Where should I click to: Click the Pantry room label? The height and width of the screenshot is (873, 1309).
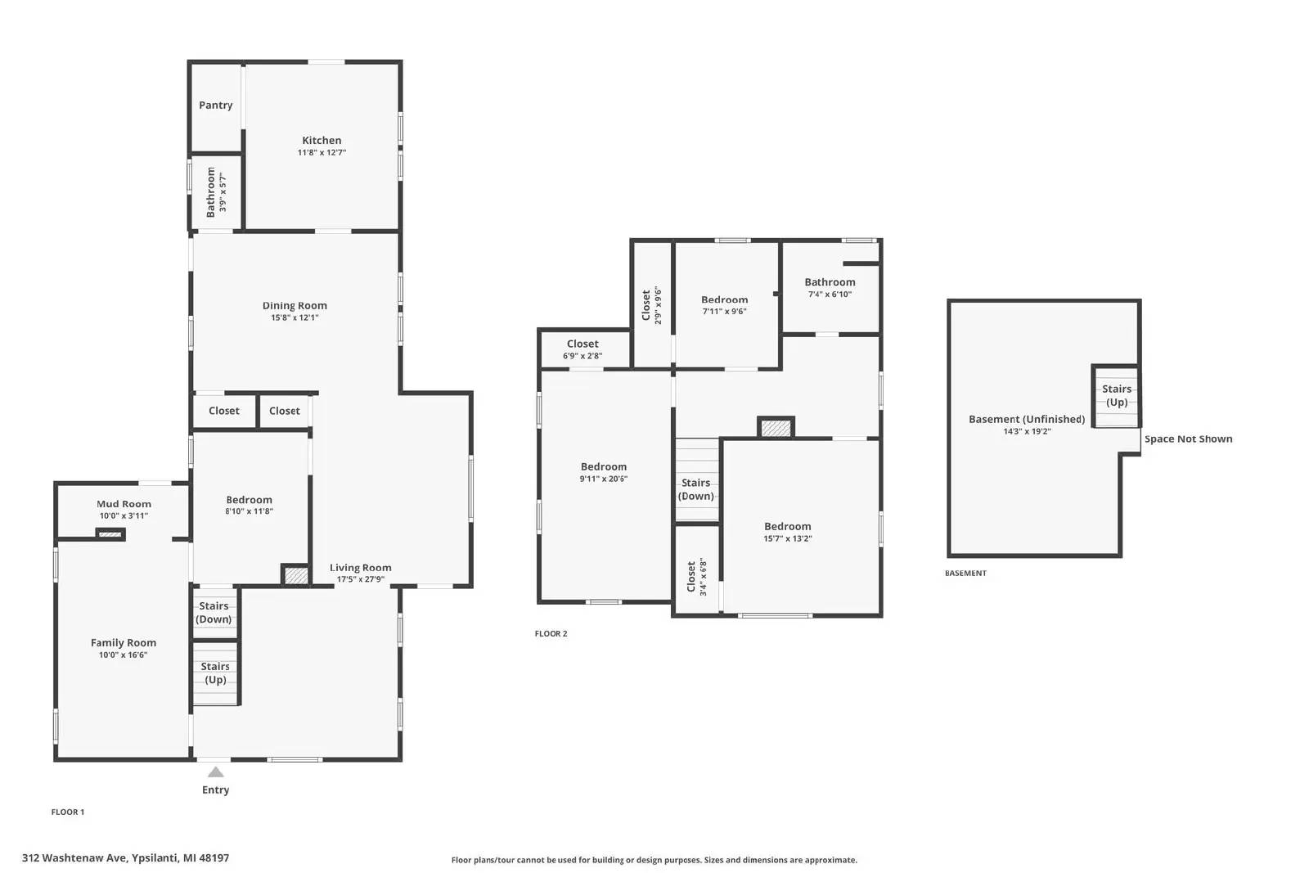coord(216,106)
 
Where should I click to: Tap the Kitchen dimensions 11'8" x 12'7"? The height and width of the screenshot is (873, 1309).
coord(322,152)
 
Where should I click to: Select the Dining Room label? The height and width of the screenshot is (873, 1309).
coord(295,306)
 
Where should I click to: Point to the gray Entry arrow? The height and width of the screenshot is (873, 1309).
coord(216,772)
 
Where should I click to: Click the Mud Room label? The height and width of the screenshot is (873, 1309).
coord(124,504)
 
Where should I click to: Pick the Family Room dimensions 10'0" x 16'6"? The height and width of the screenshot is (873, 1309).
coord(123,655)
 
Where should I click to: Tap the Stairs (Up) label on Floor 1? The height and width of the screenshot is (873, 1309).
coord(215,673)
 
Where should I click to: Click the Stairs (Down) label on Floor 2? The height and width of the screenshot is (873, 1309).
coord(696,489)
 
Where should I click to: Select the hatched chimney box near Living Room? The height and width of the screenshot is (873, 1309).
coord(295,575)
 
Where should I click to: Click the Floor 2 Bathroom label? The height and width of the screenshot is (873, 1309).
coord(830,282)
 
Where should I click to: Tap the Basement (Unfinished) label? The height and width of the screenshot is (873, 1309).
coord(1027,419)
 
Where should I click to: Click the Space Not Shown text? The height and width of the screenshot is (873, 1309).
coord(1188,439)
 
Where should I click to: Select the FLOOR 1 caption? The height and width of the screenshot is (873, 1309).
coord(68,812)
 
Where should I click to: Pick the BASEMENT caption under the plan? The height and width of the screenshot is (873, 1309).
coord(965,574)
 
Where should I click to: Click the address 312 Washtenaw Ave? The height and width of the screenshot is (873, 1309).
coord(74,857)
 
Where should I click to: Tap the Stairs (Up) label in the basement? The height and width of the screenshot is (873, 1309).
coord(1117,396)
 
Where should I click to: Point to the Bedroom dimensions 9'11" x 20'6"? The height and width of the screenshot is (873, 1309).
coord(604,479)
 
